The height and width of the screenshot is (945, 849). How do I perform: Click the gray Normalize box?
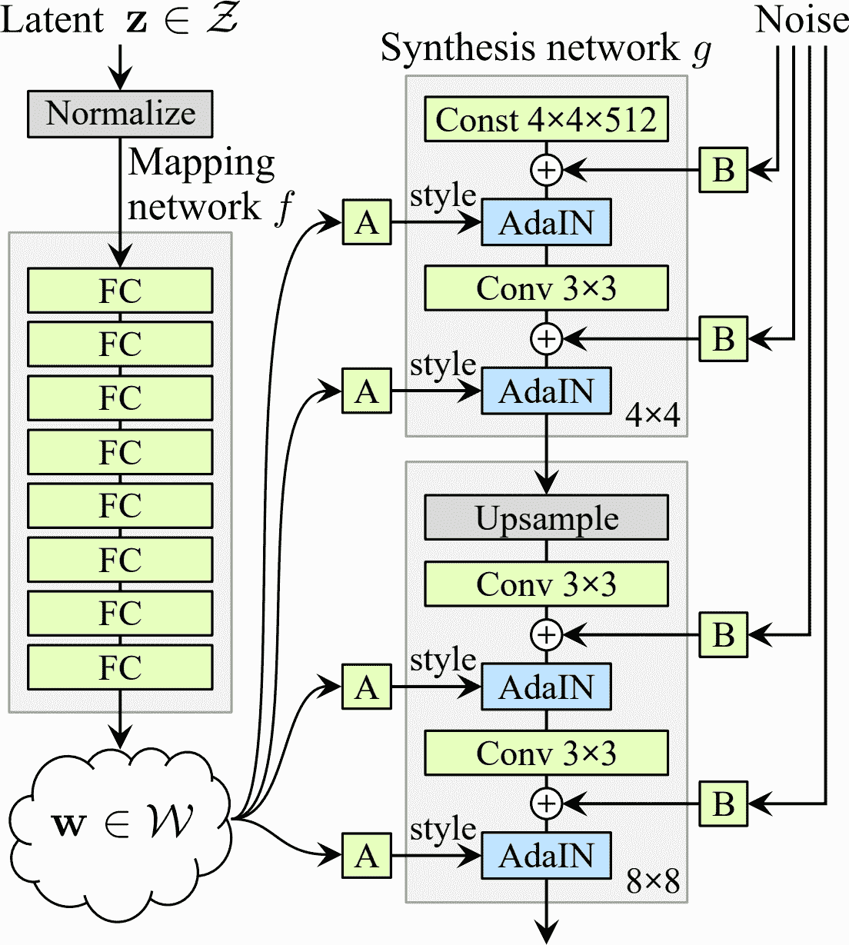[120, 114]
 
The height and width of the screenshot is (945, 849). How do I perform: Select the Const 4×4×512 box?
[546, 120]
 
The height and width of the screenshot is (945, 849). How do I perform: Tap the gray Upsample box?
[546, 518]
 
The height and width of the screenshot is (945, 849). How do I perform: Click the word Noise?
[801, 20]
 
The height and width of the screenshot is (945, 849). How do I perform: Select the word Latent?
[52, 20]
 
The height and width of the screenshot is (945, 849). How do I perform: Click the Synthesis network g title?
[546, 48]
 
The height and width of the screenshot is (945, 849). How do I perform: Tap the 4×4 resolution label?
[652, 416]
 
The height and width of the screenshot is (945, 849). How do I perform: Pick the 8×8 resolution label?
[652, 881]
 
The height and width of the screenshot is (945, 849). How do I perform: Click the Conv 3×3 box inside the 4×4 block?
[546, 288]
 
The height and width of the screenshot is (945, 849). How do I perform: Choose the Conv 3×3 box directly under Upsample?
[546, 584]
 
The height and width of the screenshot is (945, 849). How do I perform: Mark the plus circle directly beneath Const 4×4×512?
[546, 170]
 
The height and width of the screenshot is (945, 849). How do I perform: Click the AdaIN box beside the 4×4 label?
[546, 392]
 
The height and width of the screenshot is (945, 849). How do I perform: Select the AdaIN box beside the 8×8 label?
[546, 856]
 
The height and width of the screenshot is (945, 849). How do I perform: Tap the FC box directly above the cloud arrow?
[120, 667]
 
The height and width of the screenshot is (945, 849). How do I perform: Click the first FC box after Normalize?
[120, 291]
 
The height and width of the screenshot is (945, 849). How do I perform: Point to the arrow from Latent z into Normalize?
[120, 68]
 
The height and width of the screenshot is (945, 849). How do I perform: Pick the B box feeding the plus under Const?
[723, 170]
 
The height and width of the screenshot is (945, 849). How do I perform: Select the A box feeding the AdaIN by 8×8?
[367, 856]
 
